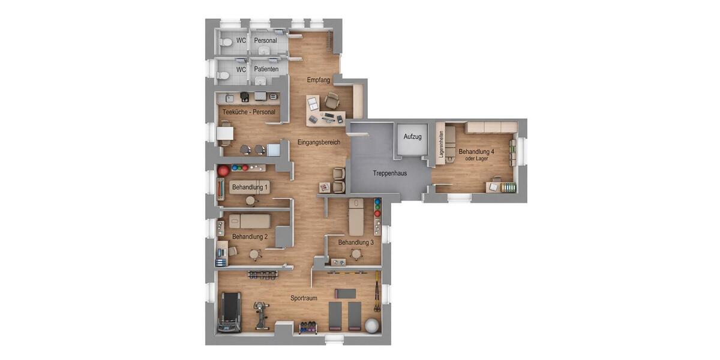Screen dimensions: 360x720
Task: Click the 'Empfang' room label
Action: (x=319, y=80)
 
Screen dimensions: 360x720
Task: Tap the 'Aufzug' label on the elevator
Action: (x=412, y=137)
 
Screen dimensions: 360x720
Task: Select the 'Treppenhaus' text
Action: (x=390, y=173)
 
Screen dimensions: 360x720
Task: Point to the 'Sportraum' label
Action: (x=304, y=298)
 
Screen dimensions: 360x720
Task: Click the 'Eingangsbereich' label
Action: (x=319, y=143)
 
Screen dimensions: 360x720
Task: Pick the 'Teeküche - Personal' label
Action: (x=249, y=112)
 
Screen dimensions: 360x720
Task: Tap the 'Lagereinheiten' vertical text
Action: (x=441, y=145)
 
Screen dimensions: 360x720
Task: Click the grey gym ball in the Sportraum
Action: (x=372, y=326)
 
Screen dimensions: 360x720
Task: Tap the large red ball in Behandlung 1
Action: (x=224, y=171)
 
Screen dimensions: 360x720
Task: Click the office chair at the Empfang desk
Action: (x=332, y=101)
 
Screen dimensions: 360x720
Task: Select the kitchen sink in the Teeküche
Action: (x=228, y=97)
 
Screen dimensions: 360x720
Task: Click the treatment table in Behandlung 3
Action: (x=356, y=217)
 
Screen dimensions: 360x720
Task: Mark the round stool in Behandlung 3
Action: (x=356, y=254)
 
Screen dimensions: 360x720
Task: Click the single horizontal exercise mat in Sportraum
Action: (x=345, y=293)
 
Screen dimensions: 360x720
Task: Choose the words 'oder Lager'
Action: (x=476, y=158)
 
